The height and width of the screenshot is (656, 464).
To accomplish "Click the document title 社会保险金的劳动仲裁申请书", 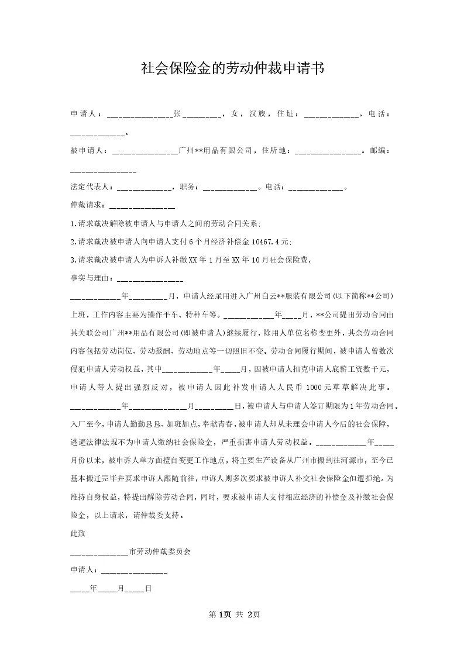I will pyautogui.click(x=232, y=69).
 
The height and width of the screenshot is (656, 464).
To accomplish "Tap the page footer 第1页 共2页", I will pyautogui.click(x=232, y=614).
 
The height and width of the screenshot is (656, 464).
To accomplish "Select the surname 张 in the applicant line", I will pyautogui.click(x=177, y=114).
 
